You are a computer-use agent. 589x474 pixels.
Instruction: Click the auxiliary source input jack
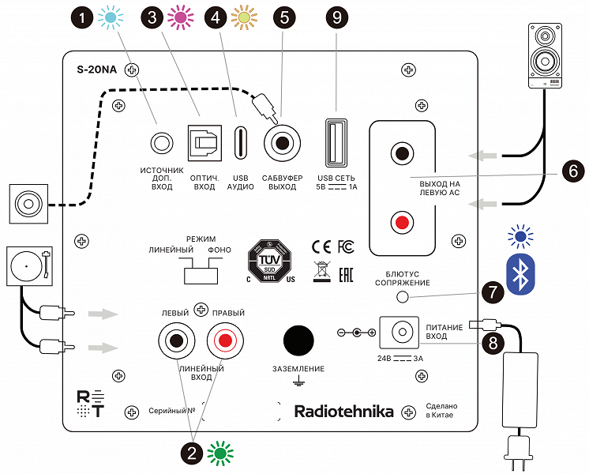[162, 144]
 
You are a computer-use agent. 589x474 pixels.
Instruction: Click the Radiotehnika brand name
[343, 412]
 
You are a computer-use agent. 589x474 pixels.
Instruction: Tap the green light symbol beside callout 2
[221, 453]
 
